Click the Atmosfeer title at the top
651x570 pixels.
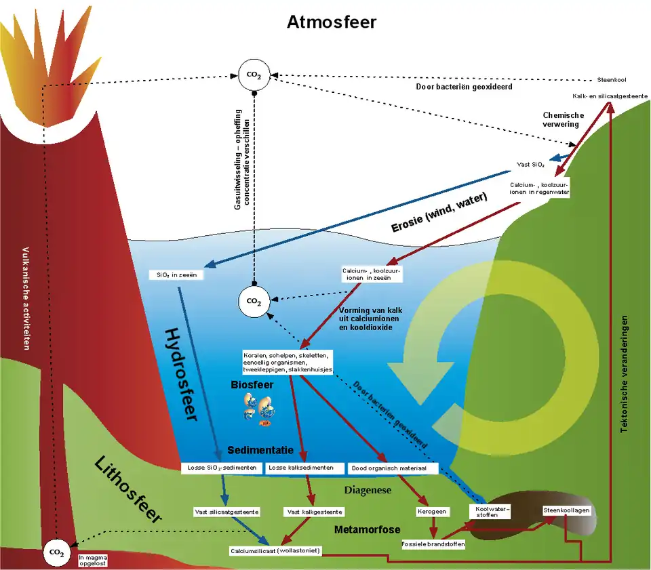(x=331, y=22)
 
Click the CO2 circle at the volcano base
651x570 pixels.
(x=56, y=553)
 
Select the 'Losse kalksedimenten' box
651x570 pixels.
(x=301, y=468)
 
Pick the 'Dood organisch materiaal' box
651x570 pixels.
(x=393, y=468)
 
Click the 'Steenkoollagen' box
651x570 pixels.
(x=566, y=510)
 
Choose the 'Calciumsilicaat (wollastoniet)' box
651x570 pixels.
(x=275, y=550)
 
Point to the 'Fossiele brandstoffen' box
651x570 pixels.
(x=433, y=544)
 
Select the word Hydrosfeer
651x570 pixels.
(x=181, y=375)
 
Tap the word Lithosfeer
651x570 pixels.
(x=128, y=490)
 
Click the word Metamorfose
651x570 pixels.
(x=367, y=529)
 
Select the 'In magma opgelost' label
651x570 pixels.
(x=93, y=560)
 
